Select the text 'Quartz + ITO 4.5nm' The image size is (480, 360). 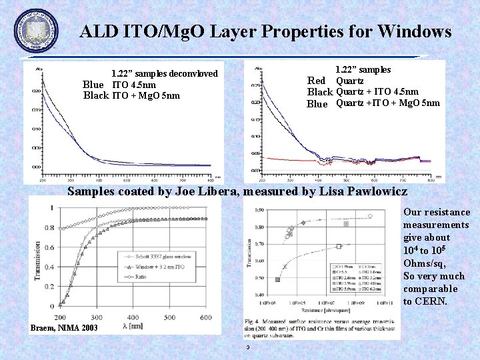click(x=377, y=92)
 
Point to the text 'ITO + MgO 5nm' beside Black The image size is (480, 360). click(x=145, y=96)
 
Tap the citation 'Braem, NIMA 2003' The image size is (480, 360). click(x=64, y=328)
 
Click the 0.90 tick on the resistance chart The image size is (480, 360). click(x=258, y=210)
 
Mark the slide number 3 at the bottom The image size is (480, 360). click(x=247, y=347)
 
